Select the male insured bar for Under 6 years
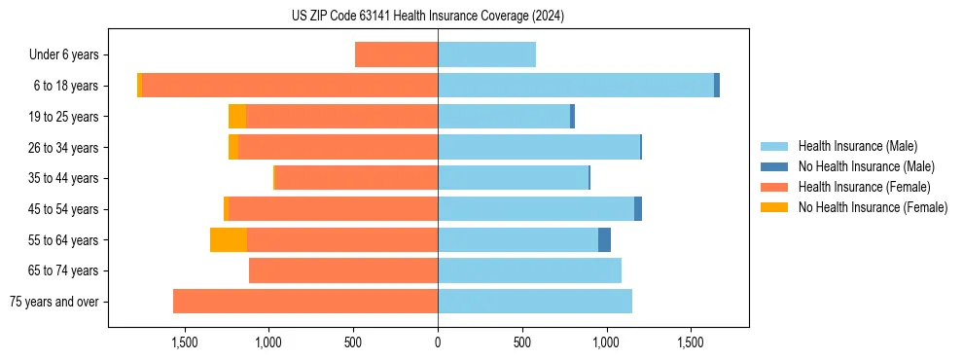click(x=486, y=54)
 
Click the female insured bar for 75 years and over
click(x=305, y=302)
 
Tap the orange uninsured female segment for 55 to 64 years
click(x=229, y=240)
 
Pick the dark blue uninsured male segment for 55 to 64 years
click(x=604, y=240)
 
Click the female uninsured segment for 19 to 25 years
click(x=237, y=117)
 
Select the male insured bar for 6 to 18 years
click(x=576, y=86)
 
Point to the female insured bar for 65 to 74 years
click(x=343, y=270)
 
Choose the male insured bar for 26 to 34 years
click(x=539, y=147)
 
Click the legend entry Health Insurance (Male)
click(x=857, y=146)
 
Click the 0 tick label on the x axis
click(x=438, y=342)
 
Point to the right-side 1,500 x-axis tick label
click(x=691, y=342)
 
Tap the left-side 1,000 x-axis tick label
click(x=268, y=342)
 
